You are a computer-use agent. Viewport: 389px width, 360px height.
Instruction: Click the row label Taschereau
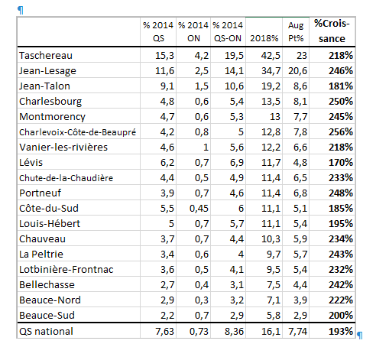click(x=46, y=55)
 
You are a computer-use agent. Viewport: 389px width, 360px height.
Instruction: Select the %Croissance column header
click(x=332, y=31)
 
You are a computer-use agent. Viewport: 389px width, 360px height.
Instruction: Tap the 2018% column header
click(x=264, y=38)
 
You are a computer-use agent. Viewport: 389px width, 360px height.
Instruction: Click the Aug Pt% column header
click(x=296, y=31)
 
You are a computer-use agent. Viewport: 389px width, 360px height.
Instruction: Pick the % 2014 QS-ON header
click(x=228, y=31)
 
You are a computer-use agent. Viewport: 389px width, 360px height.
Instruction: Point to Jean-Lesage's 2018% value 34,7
click(x=271, y=71)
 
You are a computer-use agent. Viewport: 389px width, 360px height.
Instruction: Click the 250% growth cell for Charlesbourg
click(x=341, y=102)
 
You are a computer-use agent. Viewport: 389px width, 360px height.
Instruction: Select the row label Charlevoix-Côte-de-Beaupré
click(x=77, y=132)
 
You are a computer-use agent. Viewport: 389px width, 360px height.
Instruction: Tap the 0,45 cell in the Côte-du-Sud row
click(x=199, y=209)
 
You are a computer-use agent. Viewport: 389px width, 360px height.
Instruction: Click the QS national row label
click(x=46, y=331)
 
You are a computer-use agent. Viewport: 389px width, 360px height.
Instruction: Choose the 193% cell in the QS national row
click(x=341, y=331)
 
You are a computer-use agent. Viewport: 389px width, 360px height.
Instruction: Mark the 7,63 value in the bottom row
click(x=164, y=331)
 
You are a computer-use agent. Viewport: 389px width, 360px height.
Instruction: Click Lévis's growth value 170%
click(x=341, y=163)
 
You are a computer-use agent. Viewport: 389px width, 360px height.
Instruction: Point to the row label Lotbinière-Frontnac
click(x=66, y=270)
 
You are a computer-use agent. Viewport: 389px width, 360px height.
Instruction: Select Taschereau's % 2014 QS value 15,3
click(x=164, y=56)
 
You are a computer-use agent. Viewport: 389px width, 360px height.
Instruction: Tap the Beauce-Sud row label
click(x=47, y=316)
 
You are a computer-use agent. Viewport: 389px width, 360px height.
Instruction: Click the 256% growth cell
click(x=341, y=132)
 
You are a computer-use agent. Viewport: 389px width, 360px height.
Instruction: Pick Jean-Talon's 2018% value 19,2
click(x=271, y=86)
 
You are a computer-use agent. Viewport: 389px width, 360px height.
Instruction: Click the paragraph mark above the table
click(x=21, y=11)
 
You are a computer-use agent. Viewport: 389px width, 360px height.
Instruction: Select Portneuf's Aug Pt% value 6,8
click(x=300, y=193)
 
